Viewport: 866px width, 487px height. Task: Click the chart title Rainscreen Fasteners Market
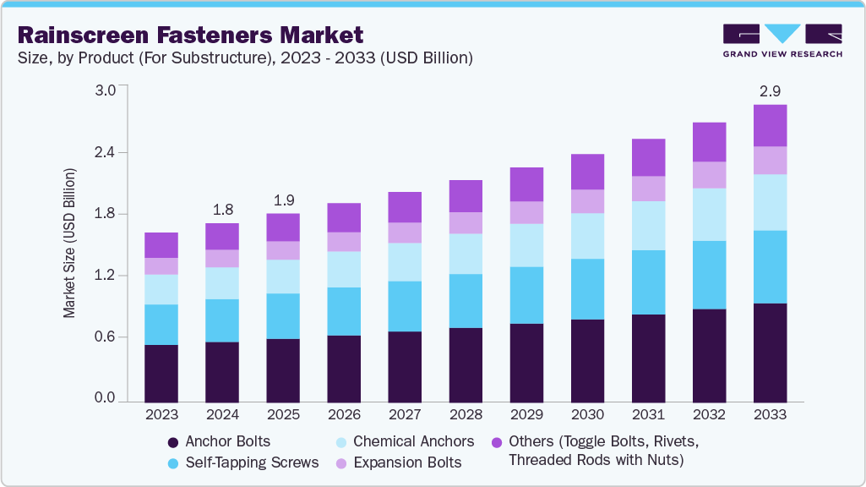point(190,35)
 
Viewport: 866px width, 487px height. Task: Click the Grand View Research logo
point(782,41)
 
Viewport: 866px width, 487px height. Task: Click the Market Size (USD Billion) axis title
point(69,243)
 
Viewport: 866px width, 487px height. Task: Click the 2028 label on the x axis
point(466,415)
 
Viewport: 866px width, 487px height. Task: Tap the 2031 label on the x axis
point(648,415)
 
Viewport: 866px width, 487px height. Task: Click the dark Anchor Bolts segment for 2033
point(770,352)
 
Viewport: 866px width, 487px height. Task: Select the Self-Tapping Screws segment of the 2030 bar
point(587,289)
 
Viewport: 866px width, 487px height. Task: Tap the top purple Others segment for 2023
point(161,245)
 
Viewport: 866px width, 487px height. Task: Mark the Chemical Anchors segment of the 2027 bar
point(405,262)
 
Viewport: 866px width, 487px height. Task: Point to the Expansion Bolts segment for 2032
point(709,175)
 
